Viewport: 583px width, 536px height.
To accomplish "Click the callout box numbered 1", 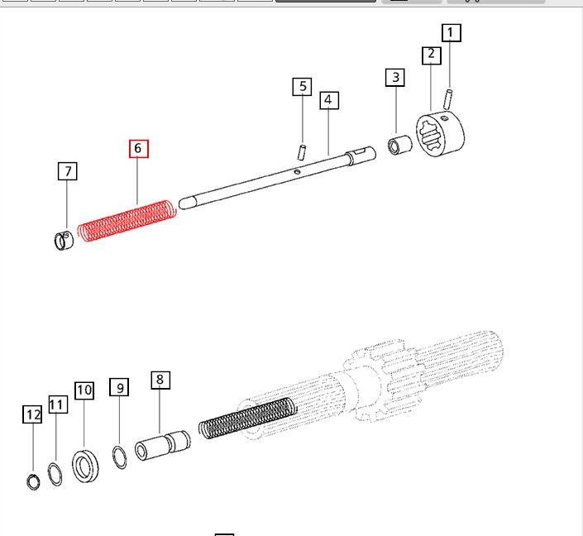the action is coord(452,33).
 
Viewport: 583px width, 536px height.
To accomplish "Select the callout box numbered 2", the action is coord(432,55).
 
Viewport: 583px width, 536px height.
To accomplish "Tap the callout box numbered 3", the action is coord(394,78).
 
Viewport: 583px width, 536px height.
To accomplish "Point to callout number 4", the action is coord(329,100).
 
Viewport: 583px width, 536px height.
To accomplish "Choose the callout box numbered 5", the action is coord(302,87).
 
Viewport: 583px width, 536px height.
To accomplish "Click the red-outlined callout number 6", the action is coord(139,149).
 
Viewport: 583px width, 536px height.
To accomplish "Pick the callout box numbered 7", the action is coord(68,171).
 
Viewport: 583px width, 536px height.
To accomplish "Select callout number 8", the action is coord(160,380).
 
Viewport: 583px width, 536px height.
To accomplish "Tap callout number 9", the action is coord(119,387).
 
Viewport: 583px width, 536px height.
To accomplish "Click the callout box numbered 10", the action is coord(84,390).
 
